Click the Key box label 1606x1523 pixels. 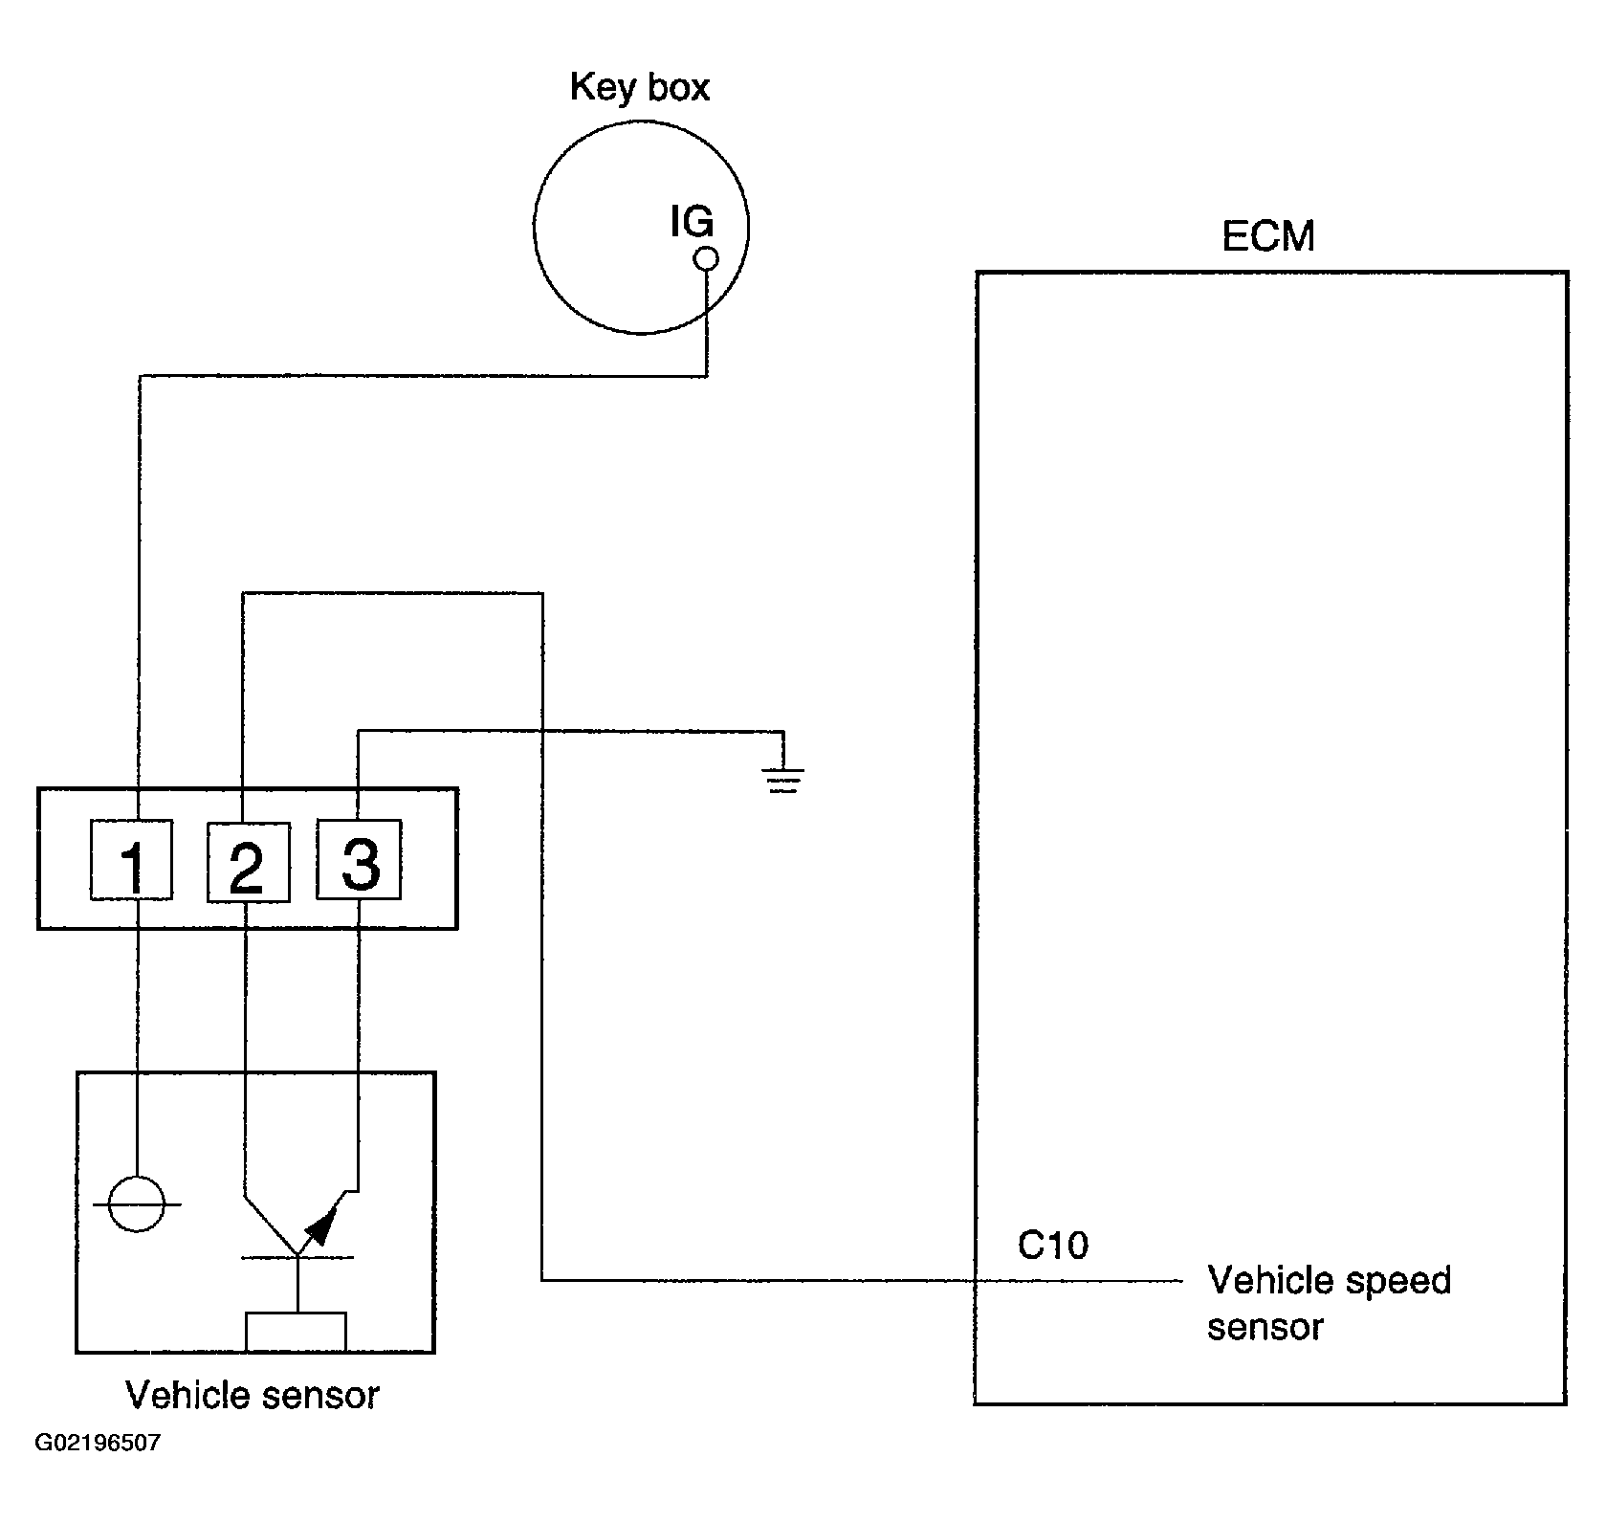640,87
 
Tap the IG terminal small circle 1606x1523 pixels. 706,258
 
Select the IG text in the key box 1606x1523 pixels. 692,222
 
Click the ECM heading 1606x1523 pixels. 1268,236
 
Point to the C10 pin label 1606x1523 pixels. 1052,1245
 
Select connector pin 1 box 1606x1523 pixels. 132,860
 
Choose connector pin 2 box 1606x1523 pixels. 248,860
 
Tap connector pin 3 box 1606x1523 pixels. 359,859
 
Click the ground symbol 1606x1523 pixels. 783,781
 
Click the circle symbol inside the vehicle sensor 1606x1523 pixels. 137,1203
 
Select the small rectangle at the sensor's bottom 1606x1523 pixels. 297,1332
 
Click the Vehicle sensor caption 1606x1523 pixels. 253,1396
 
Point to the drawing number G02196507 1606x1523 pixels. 98,1443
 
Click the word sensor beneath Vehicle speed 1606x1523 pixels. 1265,1327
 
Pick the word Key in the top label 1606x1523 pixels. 600,87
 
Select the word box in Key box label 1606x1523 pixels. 675,87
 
